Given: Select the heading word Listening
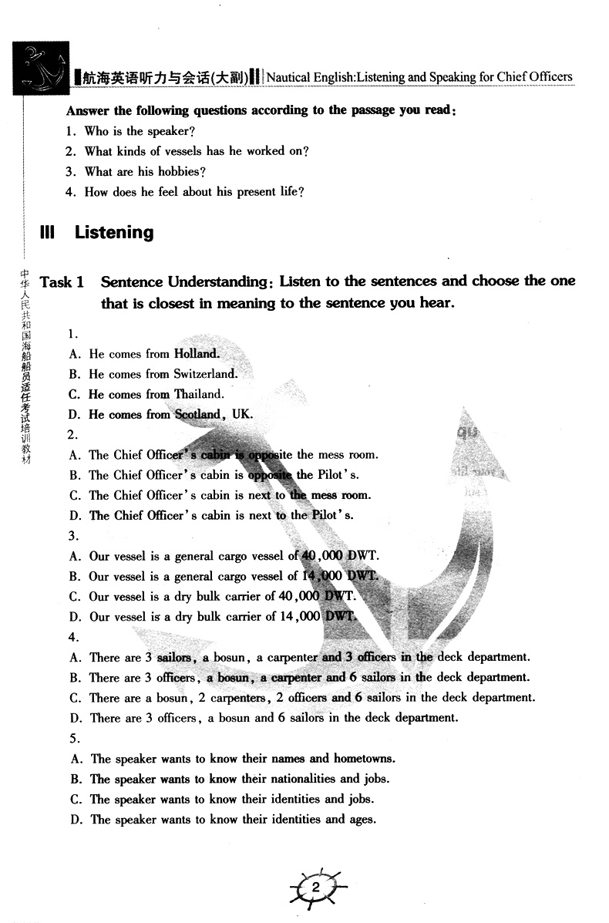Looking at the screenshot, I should [114, 232].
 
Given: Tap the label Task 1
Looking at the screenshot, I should [62, 282].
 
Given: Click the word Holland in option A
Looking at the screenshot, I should [197, 354].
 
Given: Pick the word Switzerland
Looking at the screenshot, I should [205, 374].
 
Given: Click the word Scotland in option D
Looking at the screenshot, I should [198, 414].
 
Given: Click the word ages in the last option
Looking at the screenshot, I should [362, 819].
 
